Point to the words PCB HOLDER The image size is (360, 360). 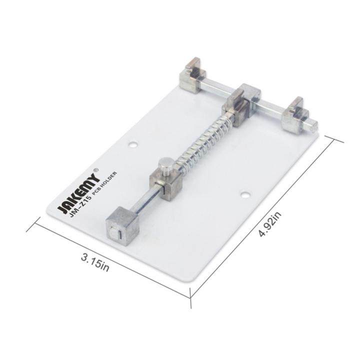(x=104, y=183)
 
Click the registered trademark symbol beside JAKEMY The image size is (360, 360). (x=96, y=169)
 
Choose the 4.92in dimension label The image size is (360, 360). (x=270, y=224)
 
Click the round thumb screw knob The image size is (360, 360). (x=165, y=166)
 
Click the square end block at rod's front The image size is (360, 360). (x=122, y=227)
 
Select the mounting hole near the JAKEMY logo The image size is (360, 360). (x=133, y=145)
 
